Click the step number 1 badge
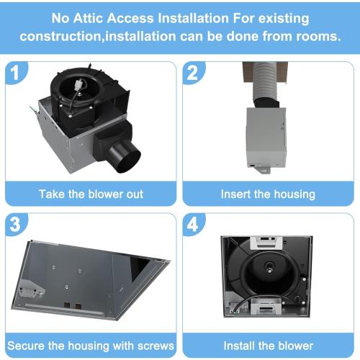pyautogui.click(x=19, y=73)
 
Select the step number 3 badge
pyautogui.click(x=19, y=225)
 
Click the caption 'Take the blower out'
pyautogui.click(x=91, y=194)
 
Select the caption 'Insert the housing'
pyautogui.click(x=267, y=194)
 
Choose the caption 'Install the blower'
pyautogui.click(x=268, y=345)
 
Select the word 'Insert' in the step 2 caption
pyautogui.click(x=236, y=194)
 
